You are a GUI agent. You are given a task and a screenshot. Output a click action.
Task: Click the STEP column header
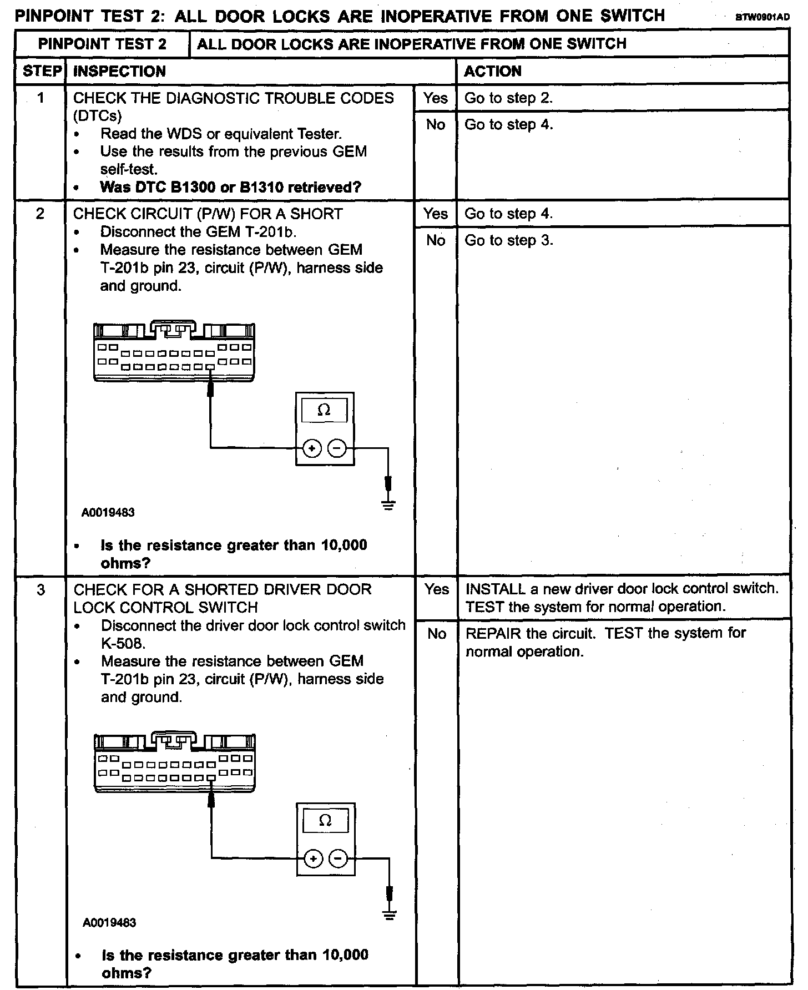point(42,71)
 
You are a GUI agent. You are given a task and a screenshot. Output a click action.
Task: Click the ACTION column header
point(492,71)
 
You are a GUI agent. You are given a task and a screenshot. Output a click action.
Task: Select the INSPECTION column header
point(119,71)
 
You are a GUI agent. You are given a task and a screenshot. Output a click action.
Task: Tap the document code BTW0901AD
point(762,17)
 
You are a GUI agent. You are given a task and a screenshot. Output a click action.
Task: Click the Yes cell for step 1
point(435,98)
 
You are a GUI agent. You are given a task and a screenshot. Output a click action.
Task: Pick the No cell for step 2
point(436,240)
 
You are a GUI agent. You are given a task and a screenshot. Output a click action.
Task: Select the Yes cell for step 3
point(437,589)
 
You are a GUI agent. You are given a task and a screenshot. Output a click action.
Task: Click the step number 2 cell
point(40,214)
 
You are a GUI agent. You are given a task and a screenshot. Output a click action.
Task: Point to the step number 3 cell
point(41,589)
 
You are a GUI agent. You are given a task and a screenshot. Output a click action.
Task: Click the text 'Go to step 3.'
point(508,240)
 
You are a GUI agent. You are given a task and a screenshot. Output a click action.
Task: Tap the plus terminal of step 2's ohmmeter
point(312,448)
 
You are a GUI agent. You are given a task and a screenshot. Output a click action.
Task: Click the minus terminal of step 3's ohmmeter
point(337,859)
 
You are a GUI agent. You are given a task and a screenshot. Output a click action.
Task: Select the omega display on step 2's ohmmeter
point(324,411)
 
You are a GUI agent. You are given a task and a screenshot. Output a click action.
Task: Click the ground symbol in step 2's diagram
point(389,505)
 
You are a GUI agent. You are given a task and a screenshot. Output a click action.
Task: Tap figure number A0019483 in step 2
point(108,513)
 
